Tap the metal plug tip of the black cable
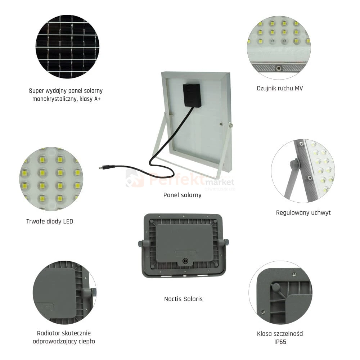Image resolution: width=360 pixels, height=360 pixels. [100, 168]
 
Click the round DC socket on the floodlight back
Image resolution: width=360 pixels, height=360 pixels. [185, 261]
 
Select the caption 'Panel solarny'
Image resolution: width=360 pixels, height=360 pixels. [182, 195]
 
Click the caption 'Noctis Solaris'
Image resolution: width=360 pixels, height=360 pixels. [183, 299]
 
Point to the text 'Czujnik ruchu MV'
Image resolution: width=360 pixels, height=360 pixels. [280, 89]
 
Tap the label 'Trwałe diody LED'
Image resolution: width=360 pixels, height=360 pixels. [50, 221]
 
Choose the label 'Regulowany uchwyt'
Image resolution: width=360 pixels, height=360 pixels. [303, 213]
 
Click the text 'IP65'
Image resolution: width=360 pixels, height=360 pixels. [280, 342]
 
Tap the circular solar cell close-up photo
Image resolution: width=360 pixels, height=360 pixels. [68, 46]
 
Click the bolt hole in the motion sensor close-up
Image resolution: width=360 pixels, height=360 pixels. [279, 68]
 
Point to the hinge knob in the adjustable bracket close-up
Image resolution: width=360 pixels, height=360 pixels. [295, 163]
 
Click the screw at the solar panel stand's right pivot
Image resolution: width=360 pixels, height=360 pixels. [230, 125]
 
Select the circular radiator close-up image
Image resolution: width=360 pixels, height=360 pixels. [64, 292]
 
